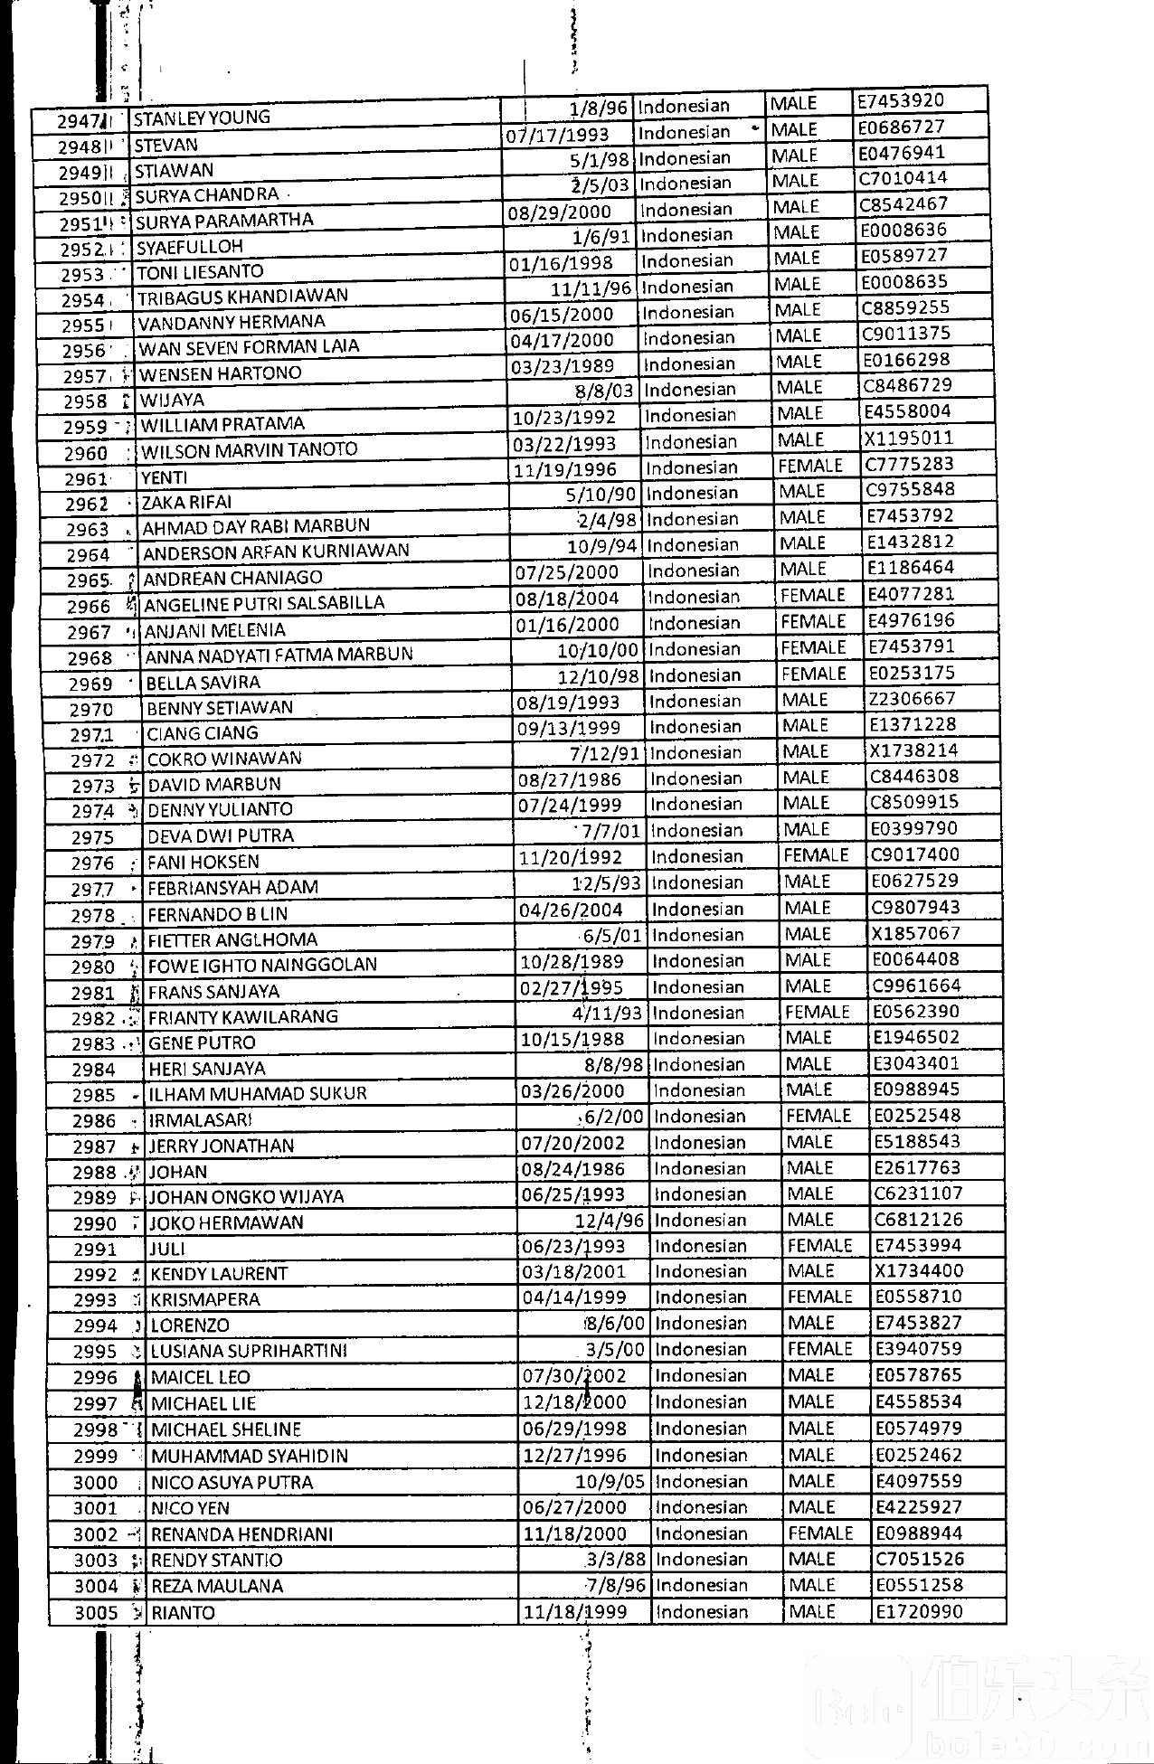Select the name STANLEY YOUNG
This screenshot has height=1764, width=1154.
[202, 118]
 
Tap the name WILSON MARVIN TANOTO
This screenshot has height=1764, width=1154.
[250, 450]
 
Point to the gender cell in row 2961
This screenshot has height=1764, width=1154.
[809, 466]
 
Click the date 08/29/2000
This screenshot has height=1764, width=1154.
[560, 212]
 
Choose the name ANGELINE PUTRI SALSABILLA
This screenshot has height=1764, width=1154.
[264, 603]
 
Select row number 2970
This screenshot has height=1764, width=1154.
[91, 710]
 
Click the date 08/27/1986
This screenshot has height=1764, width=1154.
[569, 779]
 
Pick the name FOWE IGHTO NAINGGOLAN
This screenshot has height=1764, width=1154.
[262, 965]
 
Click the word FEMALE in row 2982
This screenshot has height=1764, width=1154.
[817, 1012]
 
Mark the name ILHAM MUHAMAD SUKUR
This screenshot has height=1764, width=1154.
[258, 1093]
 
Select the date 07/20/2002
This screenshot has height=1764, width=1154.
[572, 1143]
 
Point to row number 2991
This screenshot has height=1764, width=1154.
[95, 1250]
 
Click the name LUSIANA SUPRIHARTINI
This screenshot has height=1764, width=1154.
[249, 1351]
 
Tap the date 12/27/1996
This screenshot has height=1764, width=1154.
[574, 1455]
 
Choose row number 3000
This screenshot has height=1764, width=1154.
[96, 1483]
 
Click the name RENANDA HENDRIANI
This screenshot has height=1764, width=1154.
[241, 1534]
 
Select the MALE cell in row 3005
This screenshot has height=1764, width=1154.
[811, 1611]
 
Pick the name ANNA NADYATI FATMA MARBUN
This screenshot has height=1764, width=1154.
[279, 655]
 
